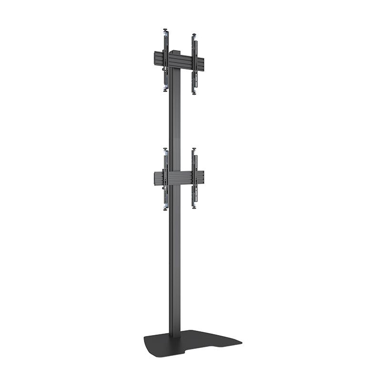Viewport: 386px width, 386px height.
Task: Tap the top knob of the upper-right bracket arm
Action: pyautogui.click(x=194, y=35)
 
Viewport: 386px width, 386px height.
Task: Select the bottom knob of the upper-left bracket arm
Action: pyautogui.click(x=165, y=89)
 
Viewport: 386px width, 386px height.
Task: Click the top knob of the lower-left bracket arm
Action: pyautogui.click(x=165, y=149)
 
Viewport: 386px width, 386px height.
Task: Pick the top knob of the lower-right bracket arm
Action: pyautogui.click(x=194, y=151)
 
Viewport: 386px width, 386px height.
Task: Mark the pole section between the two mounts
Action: pyautogui.click(x=175, y=119)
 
